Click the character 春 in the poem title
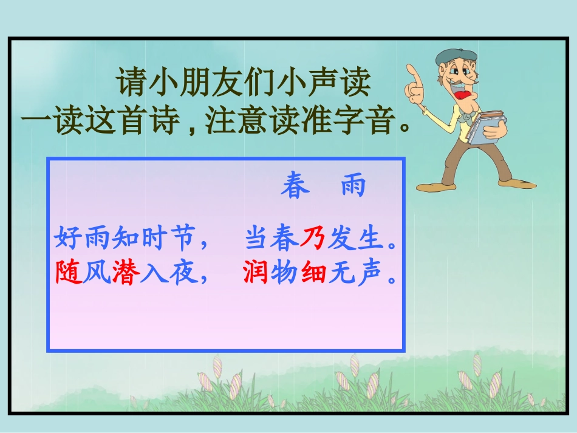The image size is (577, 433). [x=295, y=186]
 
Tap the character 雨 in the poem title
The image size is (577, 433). [x=353, y=186]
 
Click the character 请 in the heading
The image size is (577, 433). [x=131, y=83]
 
